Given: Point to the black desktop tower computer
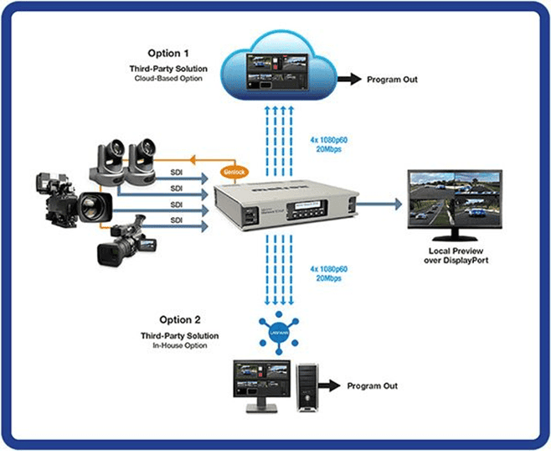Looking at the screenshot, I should [309, 388].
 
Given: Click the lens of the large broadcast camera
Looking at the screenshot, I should [90, 204].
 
